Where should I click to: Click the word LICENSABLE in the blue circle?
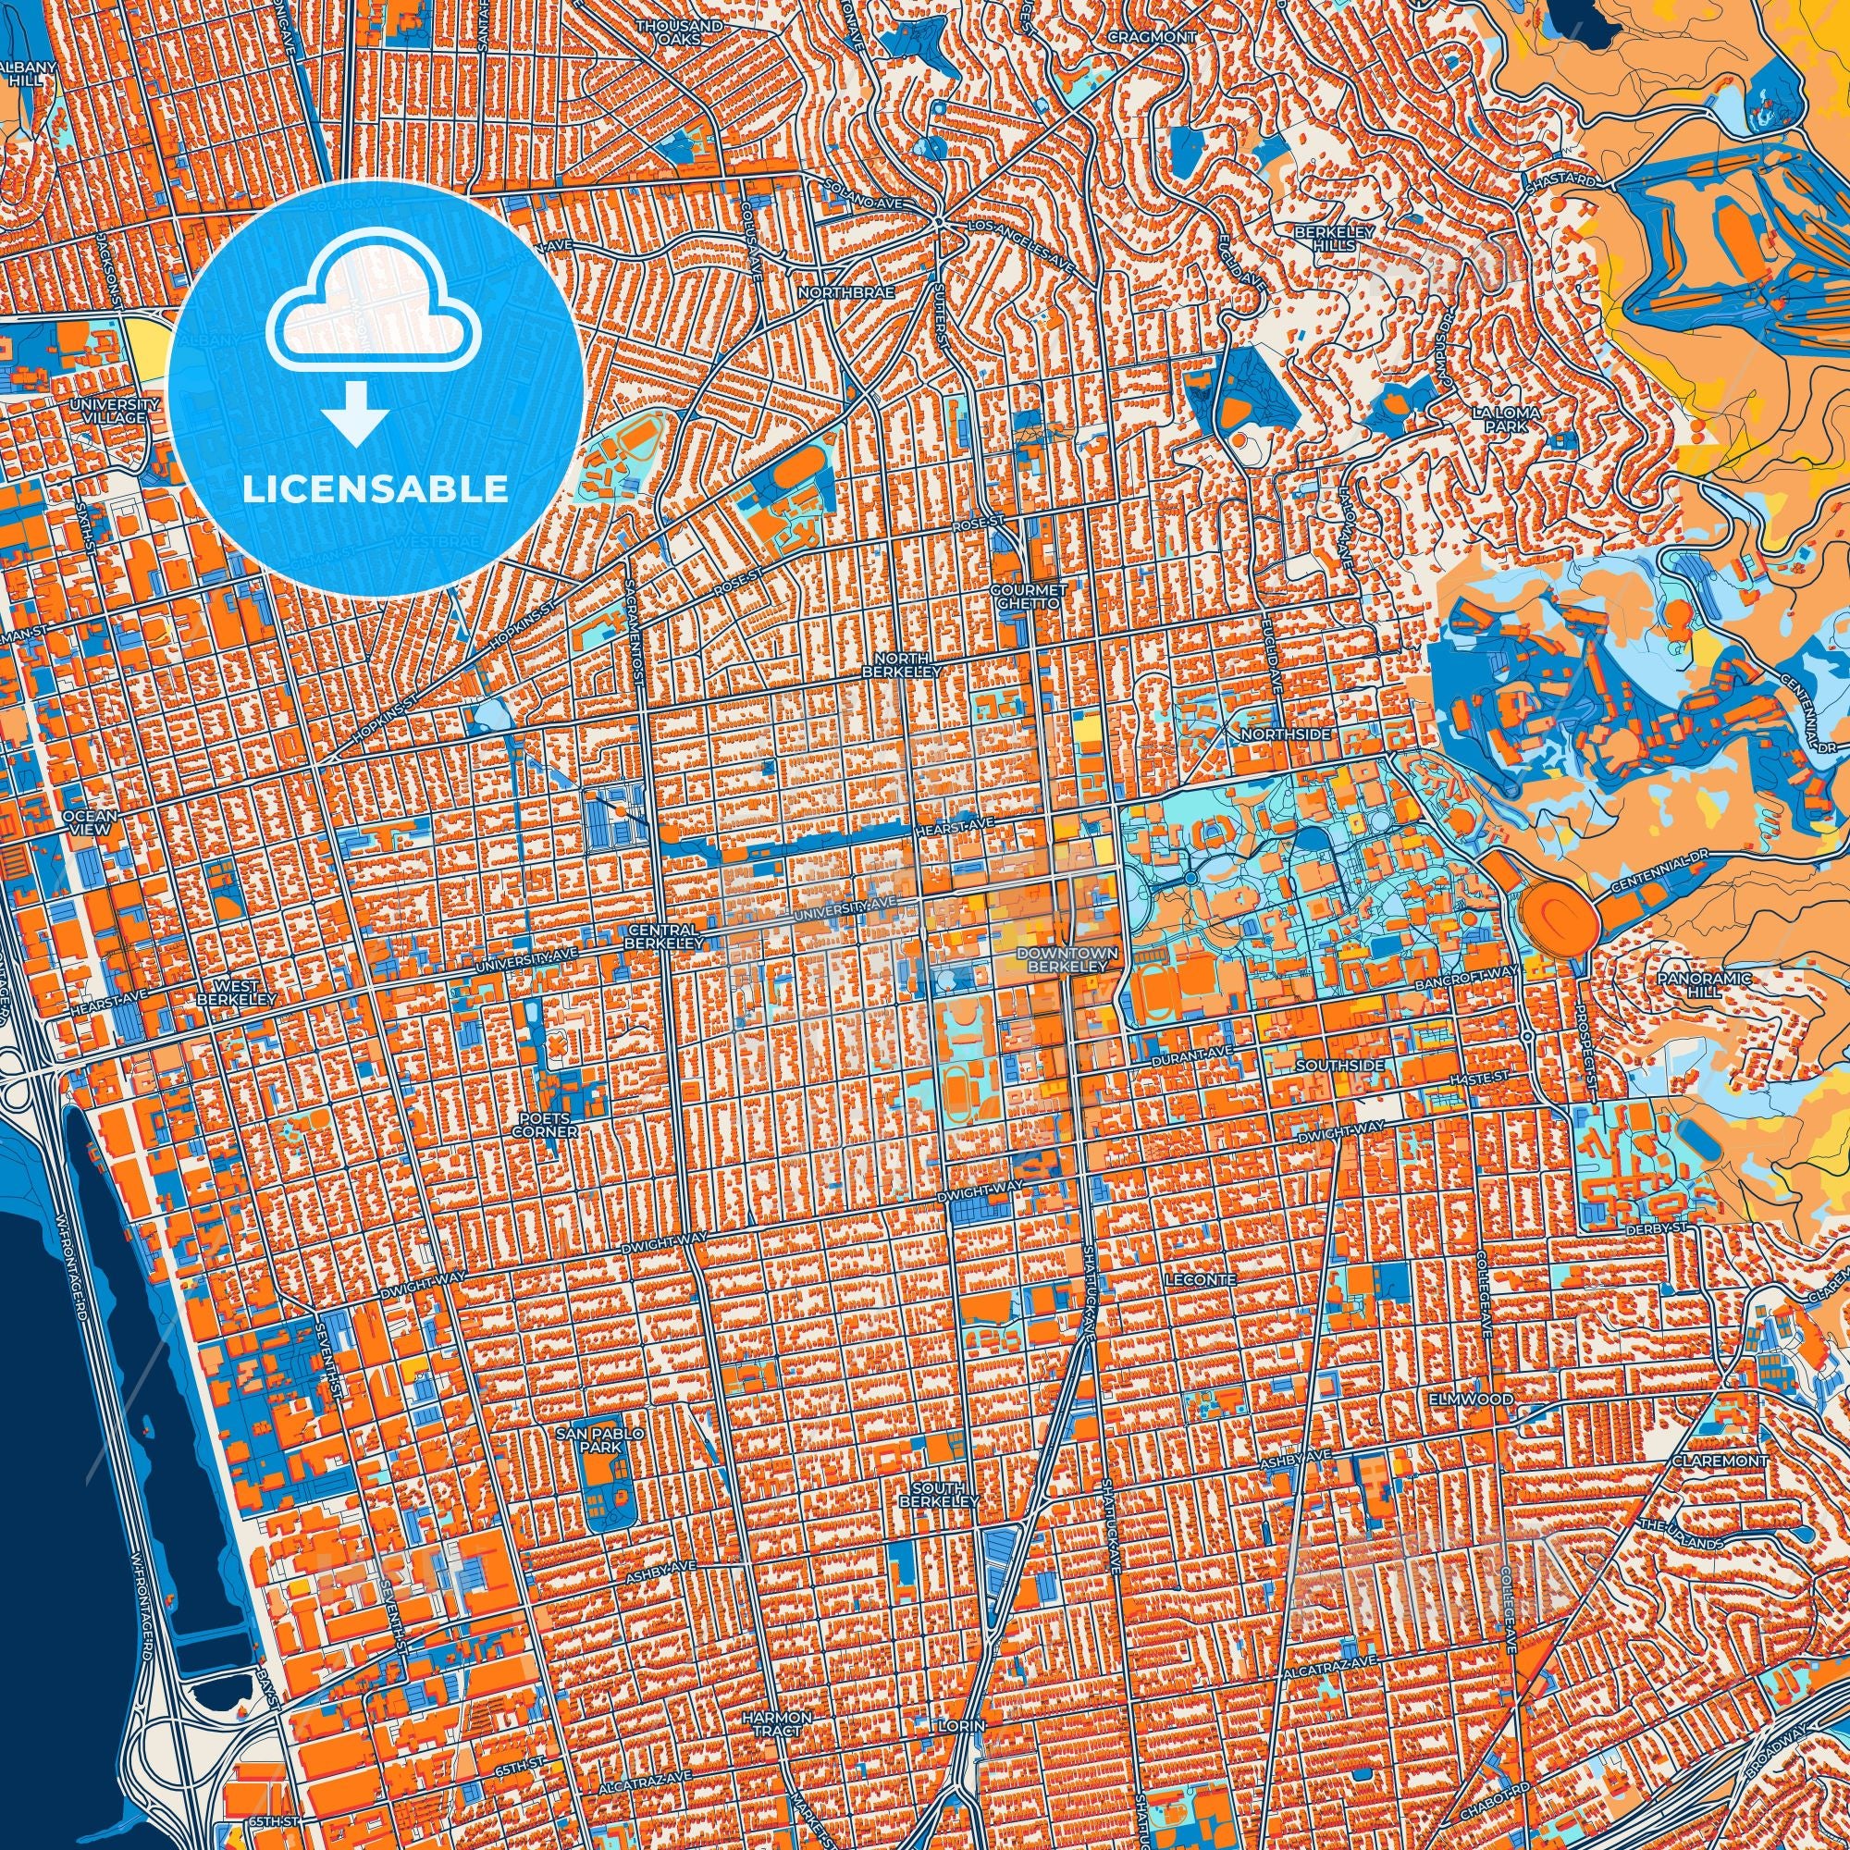coord(376,488)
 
